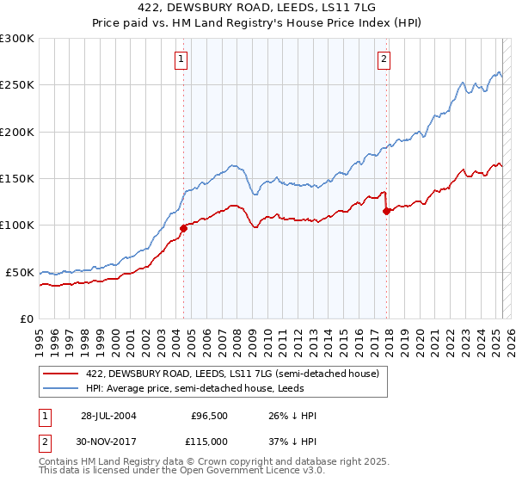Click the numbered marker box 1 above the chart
point(182,59)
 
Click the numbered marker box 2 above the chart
point(384,59)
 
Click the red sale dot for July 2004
point(183,228)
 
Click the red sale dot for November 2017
point(386,211)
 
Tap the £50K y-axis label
point(21,272)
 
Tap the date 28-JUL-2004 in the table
point(108,416)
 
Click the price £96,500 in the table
point(210,416)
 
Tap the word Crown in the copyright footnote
point(200,462)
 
